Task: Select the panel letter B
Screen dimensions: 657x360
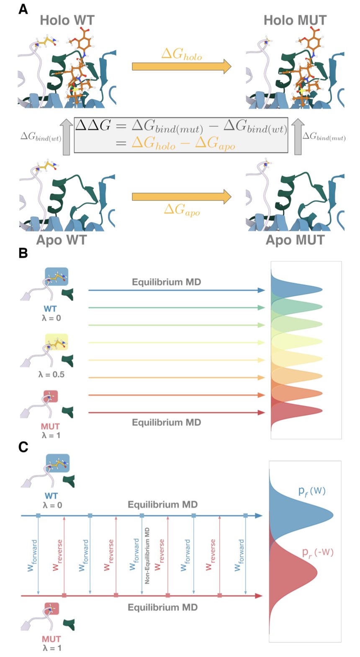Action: [23, 253]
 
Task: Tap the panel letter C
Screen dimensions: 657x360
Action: [23, 447]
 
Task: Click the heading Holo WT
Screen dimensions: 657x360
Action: [67, 20]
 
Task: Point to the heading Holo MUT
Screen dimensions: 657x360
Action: [295, 20]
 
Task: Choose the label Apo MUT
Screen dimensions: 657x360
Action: [295, 240]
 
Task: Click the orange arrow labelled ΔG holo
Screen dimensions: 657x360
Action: [181, 67]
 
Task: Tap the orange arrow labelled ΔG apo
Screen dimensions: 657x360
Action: [181, 197]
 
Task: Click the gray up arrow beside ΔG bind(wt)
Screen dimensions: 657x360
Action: [66, 137]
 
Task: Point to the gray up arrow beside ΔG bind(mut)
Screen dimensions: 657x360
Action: [298, 137]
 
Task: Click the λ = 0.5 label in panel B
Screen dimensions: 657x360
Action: [51, 374]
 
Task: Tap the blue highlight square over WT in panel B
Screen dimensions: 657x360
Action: [57, 277]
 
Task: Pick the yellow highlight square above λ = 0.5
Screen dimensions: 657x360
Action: [57, 342]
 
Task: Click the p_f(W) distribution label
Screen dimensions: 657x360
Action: [312, 490]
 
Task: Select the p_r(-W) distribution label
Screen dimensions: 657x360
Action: [318, 552]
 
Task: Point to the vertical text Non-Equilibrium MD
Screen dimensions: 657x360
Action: [147, 556]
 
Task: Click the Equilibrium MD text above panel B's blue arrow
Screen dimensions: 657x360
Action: [167, 282]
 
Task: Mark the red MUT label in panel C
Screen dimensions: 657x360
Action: [51, 639]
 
